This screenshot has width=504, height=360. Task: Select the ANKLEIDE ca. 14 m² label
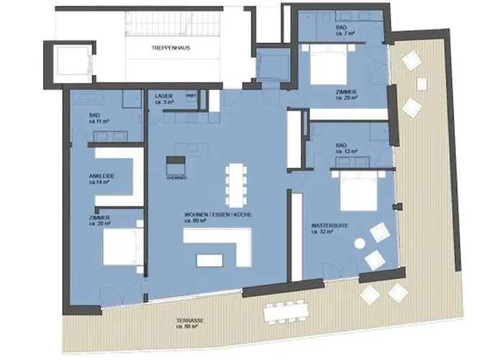(x=102, y=179)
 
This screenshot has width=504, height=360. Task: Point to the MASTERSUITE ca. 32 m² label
(x=330, y=228)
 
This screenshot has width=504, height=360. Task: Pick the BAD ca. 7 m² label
(x=342, y=30)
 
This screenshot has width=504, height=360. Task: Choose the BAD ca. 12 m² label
(x=342, y=149)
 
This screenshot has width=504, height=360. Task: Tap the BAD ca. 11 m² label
(x=98, y=118)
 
